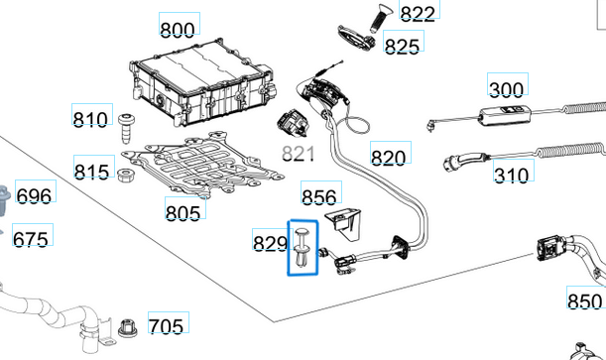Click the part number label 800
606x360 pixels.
179,29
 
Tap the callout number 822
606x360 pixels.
418,13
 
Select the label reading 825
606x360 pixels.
402,46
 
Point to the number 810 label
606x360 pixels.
91,120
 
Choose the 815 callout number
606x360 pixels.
92,173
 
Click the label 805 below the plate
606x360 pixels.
183,211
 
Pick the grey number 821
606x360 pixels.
299,153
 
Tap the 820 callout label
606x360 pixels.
389,157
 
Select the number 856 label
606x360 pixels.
319,197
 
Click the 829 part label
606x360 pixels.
271,243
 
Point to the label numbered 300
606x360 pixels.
507,90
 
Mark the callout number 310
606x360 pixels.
512,177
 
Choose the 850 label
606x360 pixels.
584,300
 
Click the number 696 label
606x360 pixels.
35,196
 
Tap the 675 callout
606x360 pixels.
31,239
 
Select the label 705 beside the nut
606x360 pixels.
166,325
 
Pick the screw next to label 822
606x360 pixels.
379,17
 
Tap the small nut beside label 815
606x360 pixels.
126,176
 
